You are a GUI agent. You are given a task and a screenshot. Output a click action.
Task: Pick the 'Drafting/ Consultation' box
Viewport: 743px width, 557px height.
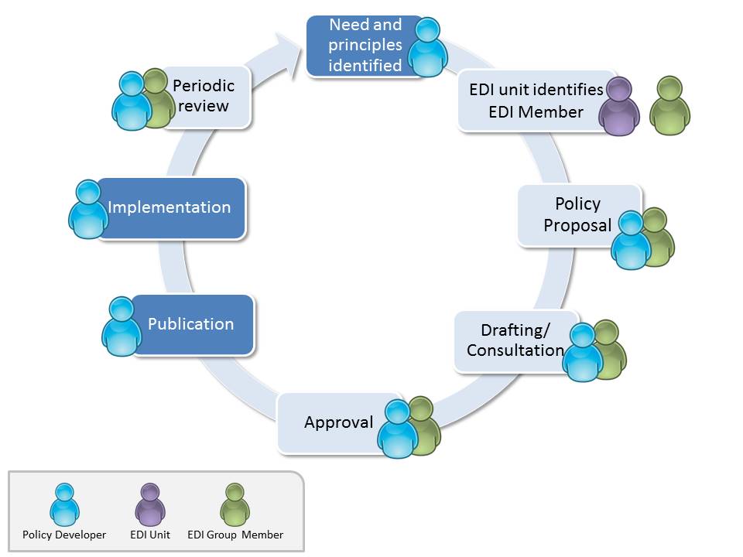point(512,340)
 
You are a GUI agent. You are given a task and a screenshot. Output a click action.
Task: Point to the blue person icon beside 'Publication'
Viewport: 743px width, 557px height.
point(122,326)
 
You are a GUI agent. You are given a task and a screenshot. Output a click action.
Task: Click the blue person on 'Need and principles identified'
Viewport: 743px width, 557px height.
point(427,48)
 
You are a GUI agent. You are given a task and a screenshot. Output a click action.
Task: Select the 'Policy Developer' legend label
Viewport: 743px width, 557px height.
point(64,535)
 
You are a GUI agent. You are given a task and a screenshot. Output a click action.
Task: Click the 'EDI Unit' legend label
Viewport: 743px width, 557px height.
point(150,535)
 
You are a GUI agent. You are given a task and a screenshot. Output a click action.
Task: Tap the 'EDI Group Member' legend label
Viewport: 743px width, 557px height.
point(235,535)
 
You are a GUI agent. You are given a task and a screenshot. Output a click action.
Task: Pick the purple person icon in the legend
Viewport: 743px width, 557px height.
point(149,505)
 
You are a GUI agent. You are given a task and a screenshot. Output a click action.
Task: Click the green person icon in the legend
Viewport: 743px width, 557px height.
point(235,505)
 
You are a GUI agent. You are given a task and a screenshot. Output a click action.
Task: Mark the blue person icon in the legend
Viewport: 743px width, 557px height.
point(64,505)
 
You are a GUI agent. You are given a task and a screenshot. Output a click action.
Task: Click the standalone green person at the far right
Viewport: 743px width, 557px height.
point(669,106)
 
